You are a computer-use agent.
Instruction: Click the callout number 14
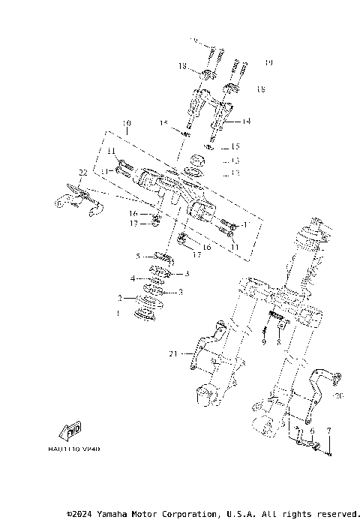pyautogui.click(x=246, y=121)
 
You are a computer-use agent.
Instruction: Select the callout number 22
pyautogui.click(x=83, y=173)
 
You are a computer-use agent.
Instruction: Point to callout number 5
pyautogui.click(x=138, y=256)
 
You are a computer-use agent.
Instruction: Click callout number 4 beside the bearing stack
pyautogui.click(x=133, y=278)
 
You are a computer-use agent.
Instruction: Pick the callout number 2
pyautogui.click(x=118, y=298)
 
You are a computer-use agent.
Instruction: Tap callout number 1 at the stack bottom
pyautogui.click(x=117, y=314)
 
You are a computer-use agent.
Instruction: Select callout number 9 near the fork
pyautogui.click(x=264, y=342)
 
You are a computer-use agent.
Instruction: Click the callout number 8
pyautogui.click(x=278, y=342)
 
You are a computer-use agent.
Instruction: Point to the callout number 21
pyautogui.click(x=173, y=353)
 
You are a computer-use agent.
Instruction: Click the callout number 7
pyautogui.click(x=327, y=431)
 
